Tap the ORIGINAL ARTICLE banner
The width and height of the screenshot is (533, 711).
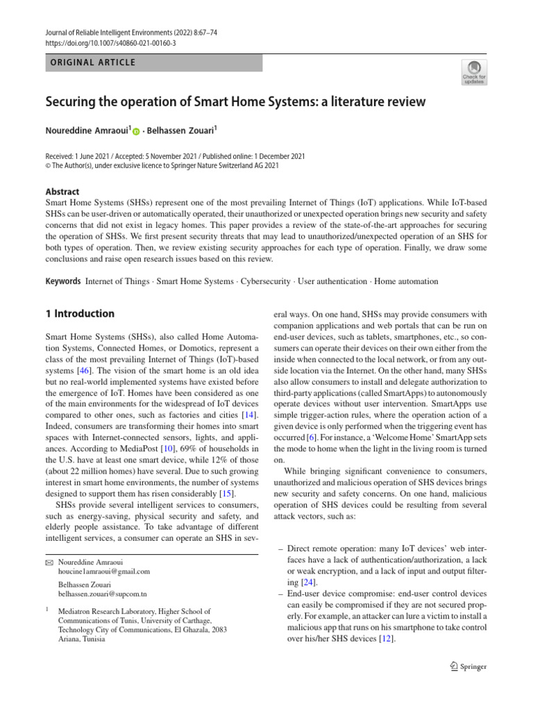[x=153, y=62]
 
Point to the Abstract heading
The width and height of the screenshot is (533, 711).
[x=62, y=192]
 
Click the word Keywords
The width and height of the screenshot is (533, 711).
[x=62, y=281]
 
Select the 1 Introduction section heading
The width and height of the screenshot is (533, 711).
[x=80, y=314]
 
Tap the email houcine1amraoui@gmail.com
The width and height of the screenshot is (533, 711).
[x=103, y=571]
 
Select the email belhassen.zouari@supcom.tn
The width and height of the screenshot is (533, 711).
[x=102, y=594]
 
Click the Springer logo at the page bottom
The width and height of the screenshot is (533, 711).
[x=468, y=667]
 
